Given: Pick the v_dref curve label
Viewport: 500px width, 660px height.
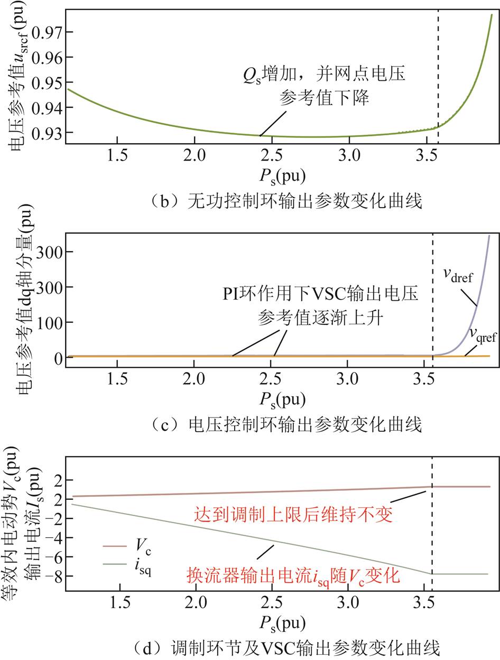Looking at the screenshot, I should (x=457, y=275).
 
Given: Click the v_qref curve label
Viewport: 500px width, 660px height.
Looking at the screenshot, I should (x=482, y=334).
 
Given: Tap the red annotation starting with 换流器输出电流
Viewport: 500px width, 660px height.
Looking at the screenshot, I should (x=293, y=575).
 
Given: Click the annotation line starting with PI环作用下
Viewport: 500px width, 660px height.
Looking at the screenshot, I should (x=320, y=294).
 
